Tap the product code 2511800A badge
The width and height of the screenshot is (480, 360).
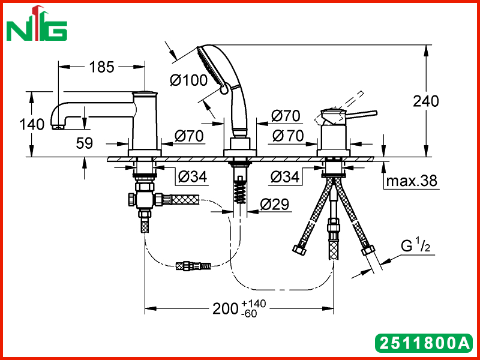click(424, 343)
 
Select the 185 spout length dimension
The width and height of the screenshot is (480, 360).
click(101, 67)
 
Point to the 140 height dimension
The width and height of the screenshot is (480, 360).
click(32, 124)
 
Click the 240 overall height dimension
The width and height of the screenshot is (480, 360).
click(426, 101)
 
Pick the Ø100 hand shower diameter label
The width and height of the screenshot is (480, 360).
click(189, 80)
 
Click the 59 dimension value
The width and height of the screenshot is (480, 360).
click(84, 143)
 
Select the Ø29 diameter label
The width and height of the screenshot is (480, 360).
click(274, 204)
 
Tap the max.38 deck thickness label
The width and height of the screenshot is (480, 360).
click(412, 181)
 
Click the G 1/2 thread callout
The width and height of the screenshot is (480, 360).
click(415, 245)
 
